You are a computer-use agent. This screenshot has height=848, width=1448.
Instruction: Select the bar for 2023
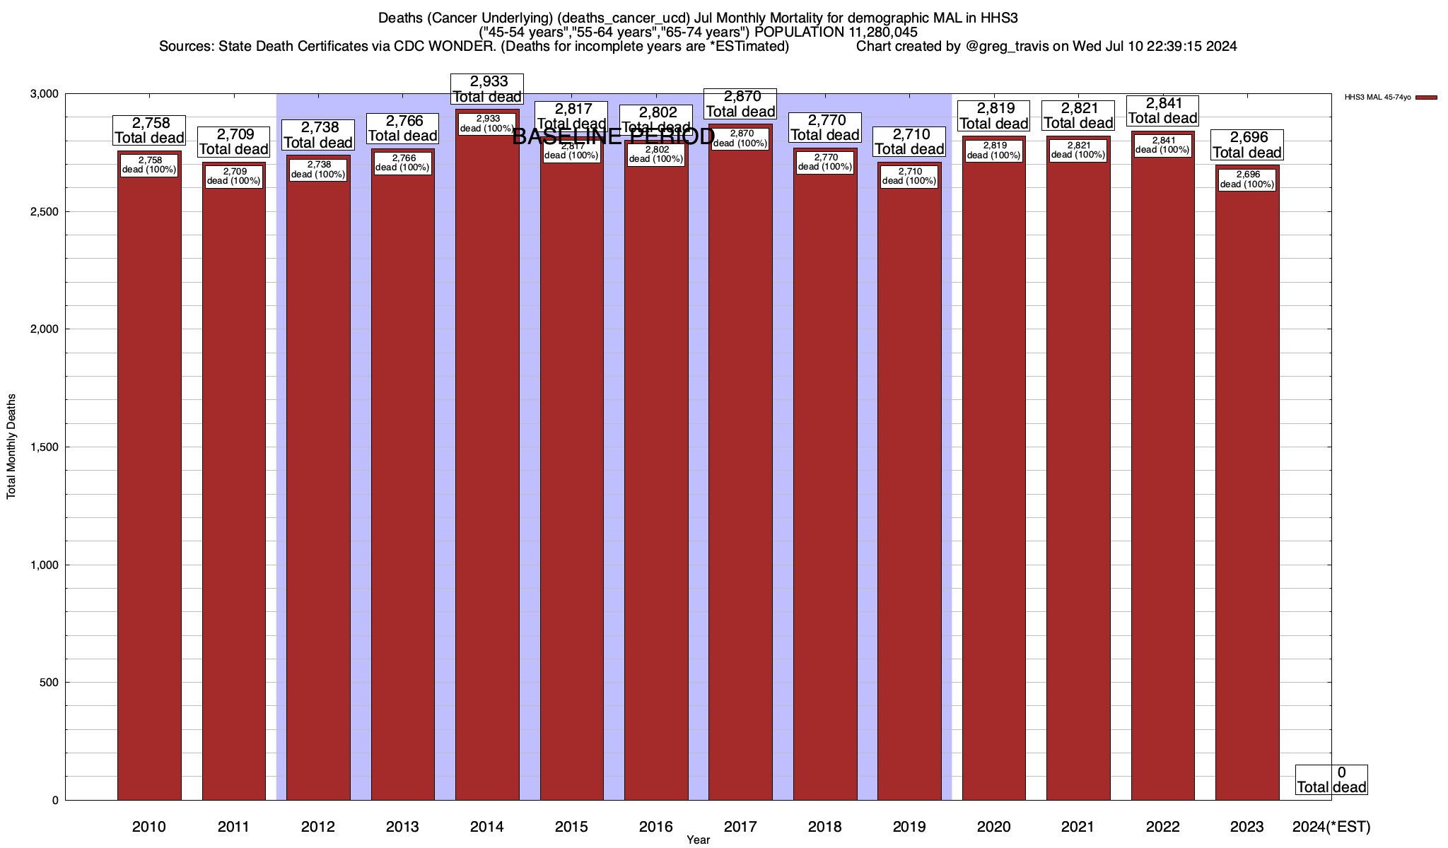[x=1247, y=488]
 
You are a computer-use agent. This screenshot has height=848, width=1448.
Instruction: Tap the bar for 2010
[x=149, y=481]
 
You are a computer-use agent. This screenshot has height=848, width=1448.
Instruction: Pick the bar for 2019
[x=909, y=488]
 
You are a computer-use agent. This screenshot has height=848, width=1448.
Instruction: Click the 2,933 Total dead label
[x=487, y=89]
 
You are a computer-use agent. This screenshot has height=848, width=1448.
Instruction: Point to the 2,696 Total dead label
[x=1247, y=145]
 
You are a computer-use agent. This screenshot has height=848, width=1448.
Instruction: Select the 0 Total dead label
[x=1331, y=779]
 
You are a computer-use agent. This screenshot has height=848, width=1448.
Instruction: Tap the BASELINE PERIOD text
[x=613, y=136]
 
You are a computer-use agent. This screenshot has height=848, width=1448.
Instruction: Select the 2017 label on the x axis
[x=740, y=827]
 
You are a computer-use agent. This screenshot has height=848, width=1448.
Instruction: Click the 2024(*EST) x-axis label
[x=1331, y=827]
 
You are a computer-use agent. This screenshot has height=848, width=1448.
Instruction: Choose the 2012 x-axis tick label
[x=318, y=827]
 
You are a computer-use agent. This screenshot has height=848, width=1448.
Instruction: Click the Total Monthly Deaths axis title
[x=11, y=447]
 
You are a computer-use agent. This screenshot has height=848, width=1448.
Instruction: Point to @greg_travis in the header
[x=1004, y=47]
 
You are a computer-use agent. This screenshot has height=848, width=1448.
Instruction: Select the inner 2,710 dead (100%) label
[x=909, y=176]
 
